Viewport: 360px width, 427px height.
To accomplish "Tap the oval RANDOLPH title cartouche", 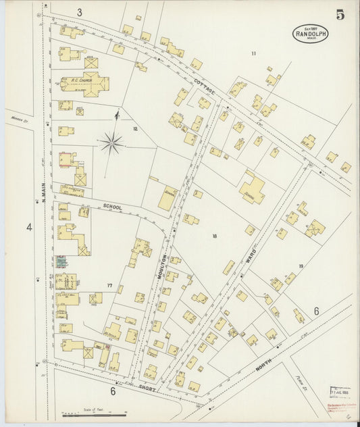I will (x=310, y=34).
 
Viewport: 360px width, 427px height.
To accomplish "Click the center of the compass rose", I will (x=111, y=143).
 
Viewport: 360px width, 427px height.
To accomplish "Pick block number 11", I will (x=253, y=53).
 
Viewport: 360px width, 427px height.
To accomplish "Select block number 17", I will (x=109, y=286).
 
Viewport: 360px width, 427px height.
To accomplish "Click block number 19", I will (x=301, y=266).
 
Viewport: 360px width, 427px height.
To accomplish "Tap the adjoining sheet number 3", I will (x=79, y=12).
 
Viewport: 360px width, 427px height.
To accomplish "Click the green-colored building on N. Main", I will (x=61, y=259).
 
